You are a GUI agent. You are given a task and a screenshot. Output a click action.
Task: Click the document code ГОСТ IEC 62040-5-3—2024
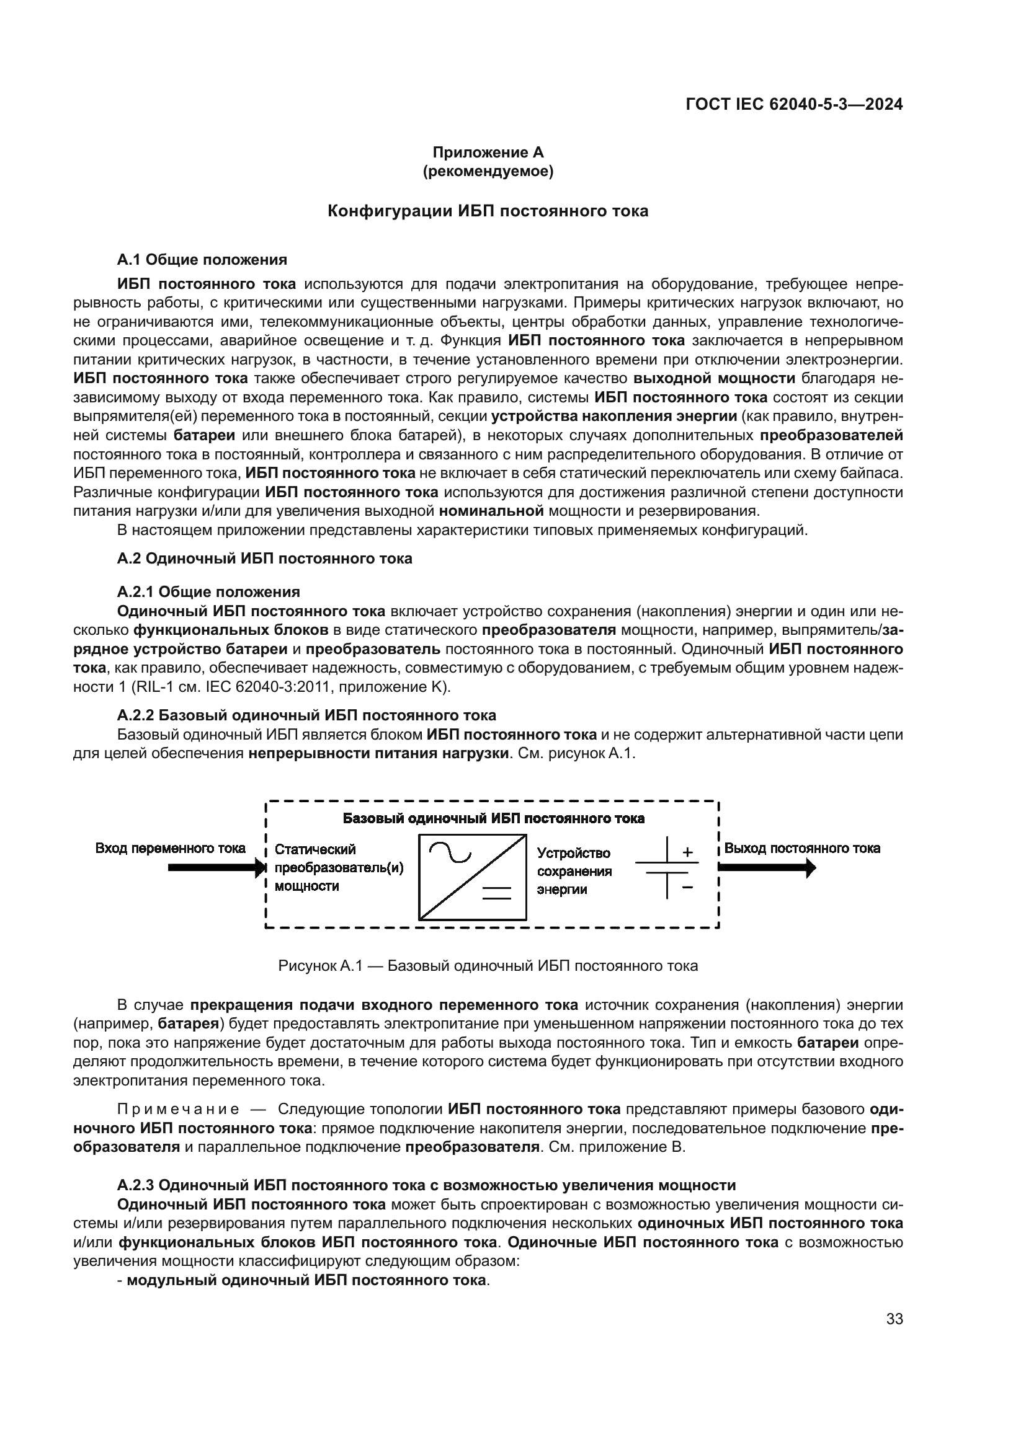[x=793, y=104]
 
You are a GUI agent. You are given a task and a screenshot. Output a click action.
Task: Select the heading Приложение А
[x=488, y=153]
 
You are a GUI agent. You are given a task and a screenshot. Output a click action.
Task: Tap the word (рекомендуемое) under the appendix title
[x=488, y=171]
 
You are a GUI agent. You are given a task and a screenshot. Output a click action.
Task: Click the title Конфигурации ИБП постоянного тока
[x=488, y=211]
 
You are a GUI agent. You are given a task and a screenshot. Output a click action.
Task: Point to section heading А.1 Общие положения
[x=202, y=260]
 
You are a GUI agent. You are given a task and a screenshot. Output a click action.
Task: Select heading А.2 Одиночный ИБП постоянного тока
[x=265, y=559]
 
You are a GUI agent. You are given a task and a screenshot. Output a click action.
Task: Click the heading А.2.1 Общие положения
[x=208, y=592]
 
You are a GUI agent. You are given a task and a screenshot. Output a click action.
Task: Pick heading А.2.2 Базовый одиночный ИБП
[x=306, y=715]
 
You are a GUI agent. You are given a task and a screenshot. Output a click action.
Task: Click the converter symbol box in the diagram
[x=473, y=877]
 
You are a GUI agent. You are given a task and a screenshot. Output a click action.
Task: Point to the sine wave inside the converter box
[x=450, y=853]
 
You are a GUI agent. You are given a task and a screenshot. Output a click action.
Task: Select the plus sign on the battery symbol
[x=688, y=852]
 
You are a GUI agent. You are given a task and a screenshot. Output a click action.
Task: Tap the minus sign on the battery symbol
[x=688, y=887]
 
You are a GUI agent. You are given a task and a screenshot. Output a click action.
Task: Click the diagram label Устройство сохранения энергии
[x=574, y=871]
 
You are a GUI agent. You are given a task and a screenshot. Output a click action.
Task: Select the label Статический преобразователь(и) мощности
[x=339, y=868]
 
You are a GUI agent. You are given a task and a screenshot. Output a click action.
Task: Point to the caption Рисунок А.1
[x=488, y=966]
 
